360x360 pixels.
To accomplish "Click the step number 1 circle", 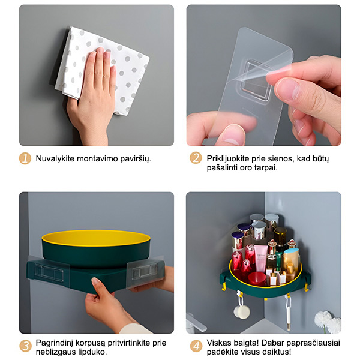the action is coord(25,158).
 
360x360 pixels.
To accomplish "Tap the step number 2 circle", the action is coord(196,158).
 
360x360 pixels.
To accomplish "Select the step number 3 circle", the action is coord(25,346).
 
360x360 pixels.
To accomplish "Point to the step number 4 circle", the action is coord(196,346).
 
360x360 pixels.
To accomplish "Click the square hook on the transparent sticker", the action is coord(257,80).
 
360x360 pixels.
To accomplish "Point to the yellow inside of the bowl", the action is coord(96,238).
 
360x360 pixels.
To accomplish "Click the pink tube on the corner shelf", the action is coord(260,258).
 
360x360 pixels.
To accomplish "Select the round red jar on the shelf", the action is coord(257,278).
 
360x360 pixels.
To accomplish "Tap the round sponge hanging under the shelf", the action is coord(242,311).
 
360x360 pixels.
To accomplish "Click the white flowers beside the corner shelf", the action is coord(328,321).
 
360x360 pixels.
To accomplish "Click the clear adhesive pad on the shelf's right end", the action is coord(146,272).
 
